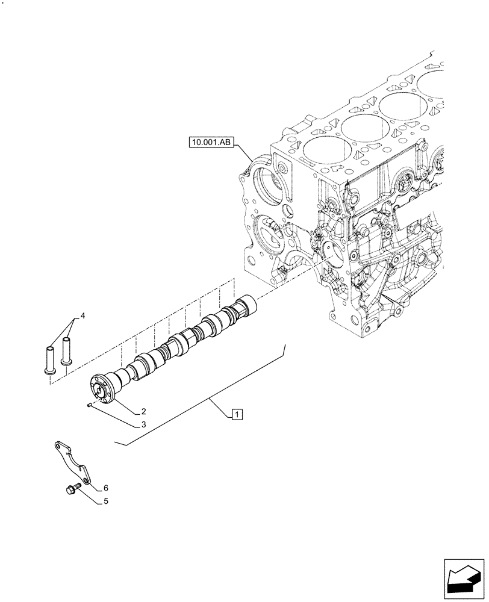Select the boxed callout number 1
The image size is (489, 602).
237,414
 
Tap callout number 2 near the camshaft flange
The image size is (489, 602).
144,412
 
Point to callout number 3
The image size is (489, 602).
144,425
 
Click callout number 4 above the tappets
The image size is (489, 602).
83,315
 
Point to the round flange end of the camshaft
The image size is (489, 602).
102,386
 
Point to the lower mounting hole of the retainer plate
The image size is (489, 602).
87,480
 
